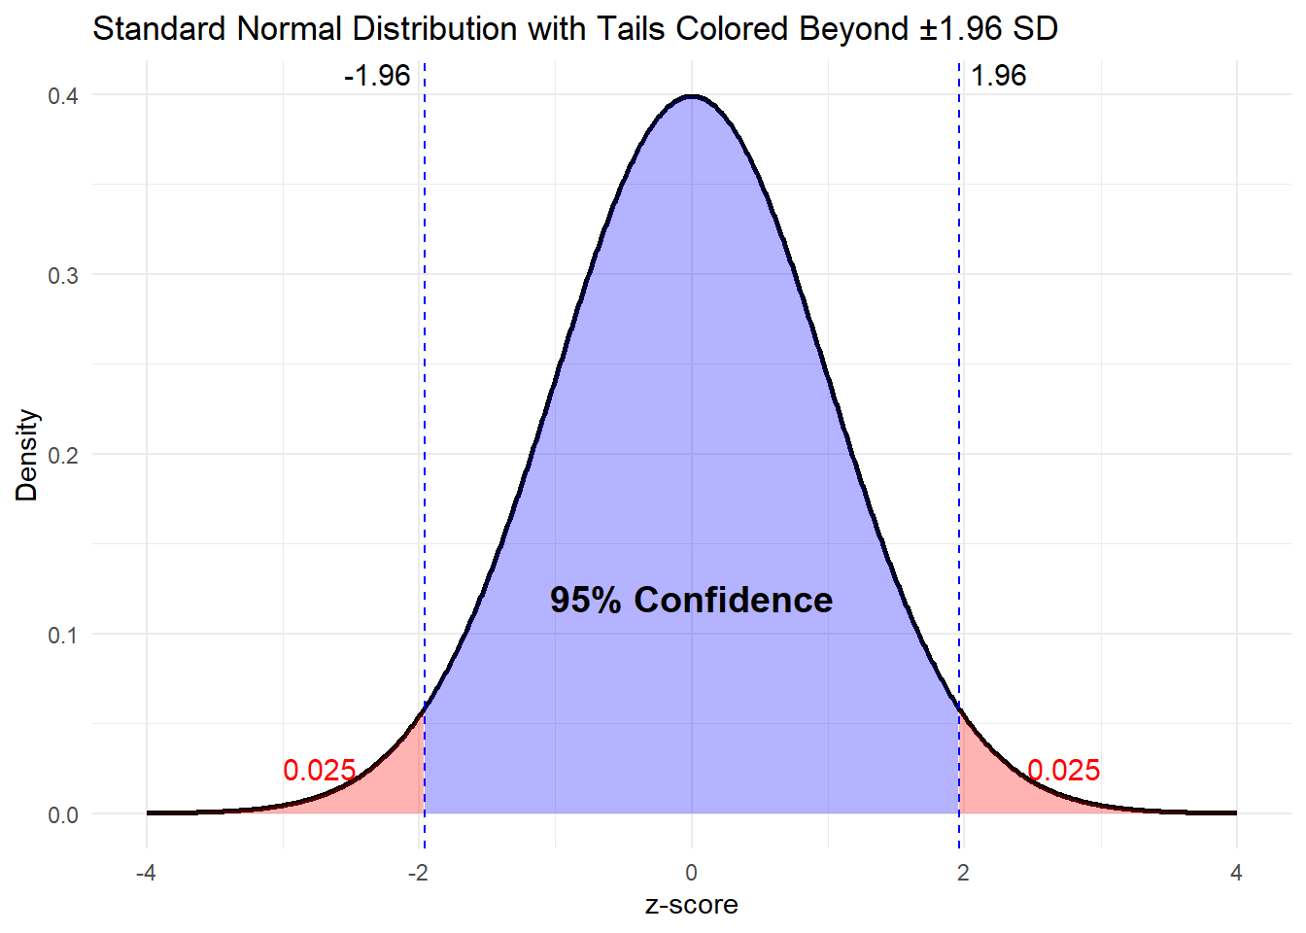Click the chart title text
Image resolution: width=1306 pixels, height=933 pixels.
(574, 29)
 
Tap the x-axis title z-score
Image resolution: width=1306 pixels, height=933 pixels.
(691, 905)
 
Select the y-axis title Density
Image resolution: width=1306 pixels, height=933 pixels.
(27, 455)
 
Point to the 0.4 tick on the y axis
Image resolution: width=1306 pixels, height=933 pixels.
(63, 95)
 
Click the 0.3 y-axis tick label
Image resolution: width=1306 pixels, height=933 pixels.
(63, 275)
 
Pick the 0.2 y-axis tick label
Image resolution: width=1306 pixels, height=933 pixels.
(63, 455)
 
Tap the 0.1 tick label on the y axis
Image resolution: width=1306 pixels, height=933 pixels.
(63, 635)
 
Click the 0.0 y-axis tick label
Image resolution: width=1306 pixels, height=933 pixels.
(63, 814)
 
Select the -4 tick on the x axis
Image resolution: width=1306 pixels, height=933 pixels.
(146, 873)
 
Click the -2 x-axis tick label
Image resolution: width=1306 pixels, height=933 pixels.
(418, 873)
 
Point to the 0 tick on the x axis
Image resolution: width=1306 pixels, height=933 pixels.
(691, 873)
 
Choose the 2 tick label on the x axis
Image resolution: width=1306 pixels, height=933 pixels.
(963, 873)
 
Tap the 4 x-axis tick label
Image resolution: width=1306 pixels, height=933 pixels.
(1236, 873)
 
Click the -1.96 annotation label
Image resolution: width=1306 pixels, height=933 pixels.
(377, 76)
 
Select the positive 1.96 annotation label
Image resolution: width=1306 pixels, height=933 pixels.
(998, 76)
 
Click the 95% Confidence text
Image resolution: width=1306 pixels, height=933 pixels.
(691, 600)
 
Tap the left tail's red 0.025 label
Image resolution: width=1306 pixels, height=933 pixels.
(320, 771)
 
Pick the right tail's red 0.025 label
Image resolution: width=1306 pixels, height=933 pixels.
(1064, 771)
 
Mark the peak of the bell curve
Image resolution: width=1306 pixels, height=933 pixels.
(691, 96)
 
